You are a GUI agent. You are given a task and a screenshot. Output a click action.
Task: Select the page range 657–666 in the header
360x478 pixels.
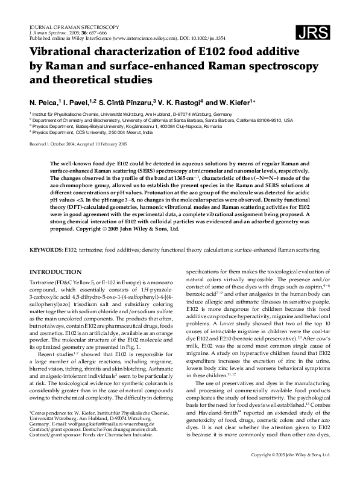[92, 32]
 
